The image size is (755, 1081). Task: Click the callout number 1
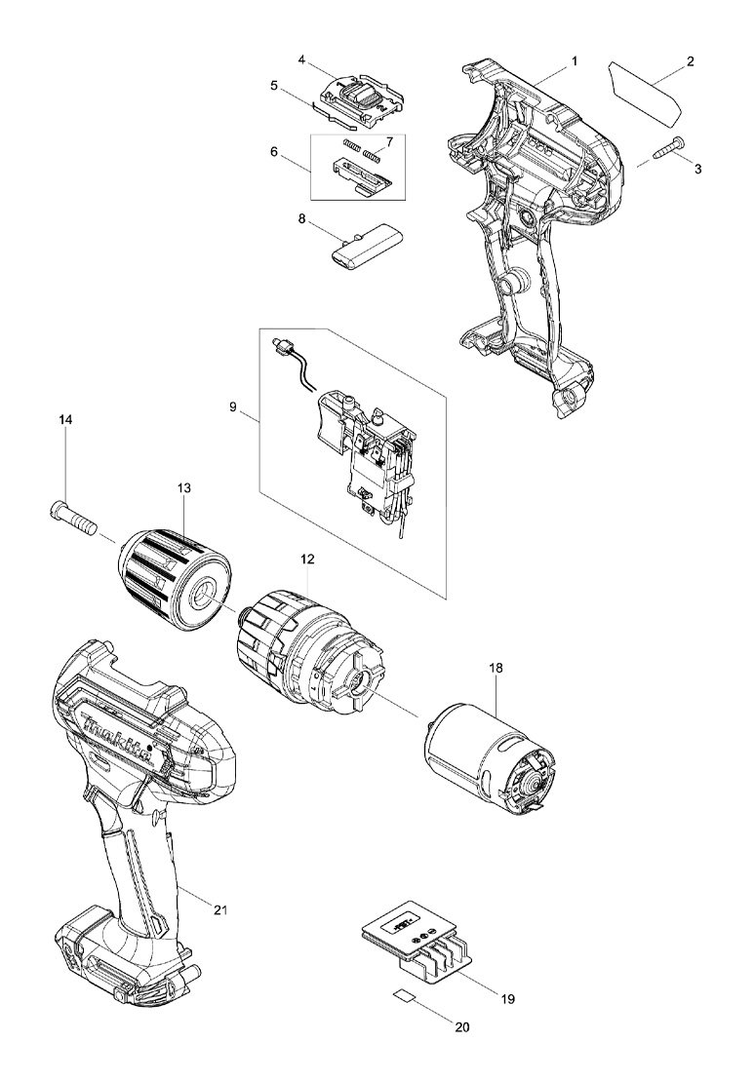(575, 61)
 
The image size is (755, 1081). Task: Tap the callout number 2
(691, 61)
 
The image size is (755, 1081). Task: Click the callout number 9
(234, 407)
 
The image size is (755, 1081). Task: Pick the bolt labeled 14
(71, 517)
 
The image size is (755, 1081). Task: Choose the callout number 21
(220, 910)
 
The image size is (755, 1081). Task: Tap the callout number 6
(274, 152)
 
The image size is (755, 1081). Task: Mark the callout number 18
(497, 669)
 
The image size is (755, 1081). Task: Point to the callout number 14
(65, 420)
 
